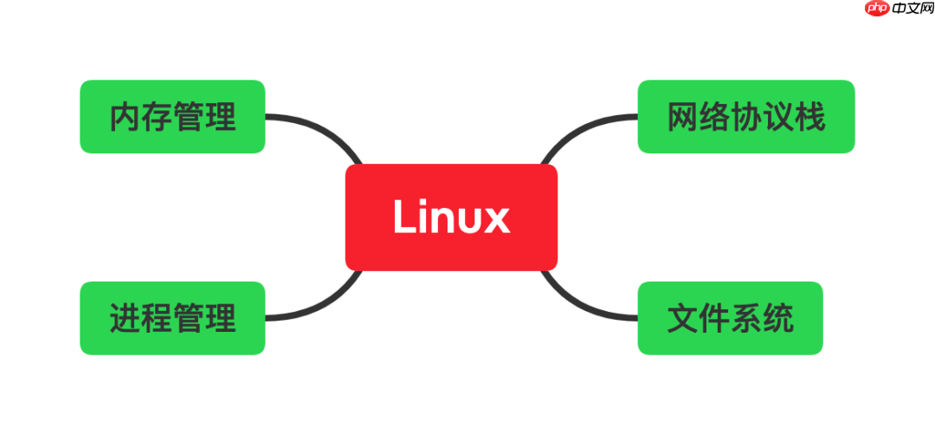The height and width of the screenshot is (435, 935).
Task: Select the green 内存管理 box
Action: tap(172, 117)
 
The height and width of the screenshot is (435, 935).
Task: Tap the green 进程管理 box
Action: tap(172, 318)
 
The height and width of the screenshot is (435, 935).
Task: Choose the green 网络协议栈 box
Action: tap(746, 117)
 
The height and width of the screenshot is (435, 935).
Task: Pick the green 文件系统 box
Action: tap(730, 318)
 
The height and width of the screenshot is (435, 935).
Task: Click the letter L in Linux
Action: tap(404, 217)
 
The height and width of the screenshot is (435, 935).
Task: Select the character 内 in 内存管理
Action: tap(126, 117)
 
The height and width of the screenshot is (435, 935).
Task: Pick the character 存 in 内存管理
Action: tap(157, 117)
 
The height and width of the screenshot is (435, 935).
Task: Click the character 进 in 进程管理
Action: tap(126, 318)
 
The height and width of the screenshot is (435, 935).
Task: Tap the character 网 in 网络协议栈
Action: tap(683, 117)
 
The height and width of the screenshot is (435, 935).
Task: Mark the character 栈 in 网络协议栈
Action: tap(809, 117)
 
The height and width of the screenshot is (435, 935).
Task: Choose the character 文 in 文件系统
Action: tap(683, 318)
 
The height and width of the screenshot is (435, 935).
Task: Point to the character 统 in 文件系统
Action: tap(777, 318)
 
